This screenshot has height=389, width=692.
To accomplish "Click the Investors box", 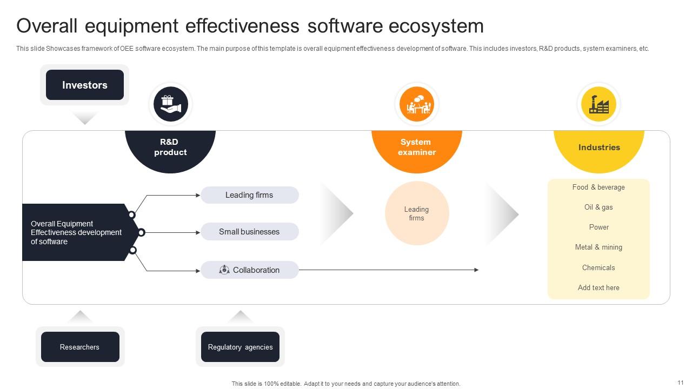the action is click(85, 85).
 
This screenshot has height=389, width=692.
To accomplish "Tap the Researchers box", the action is click(80, 347).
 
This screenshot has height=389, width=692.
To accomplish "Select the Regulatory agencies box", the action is click(240, 347).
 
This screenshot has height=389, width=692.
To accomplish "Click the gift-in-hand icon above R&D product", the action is click(171, 104).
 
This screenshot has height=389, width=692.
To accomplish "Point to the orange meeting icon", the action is click(417, 104).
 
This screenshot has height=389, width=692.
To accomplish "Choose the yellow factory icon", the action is click(598, 104).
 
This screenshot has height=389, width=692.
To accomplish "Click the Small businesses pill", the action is click(250, 232).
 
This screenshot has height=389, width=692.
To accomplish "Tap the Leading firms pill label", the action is click(249, 195).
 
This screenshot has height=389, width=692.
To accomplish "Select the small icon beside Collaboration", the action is click(224, 270).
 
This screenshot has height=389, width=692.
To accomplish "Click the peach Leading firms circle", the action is click(417, 213).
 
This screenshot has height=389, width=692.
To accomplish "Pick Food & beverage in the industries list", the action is click(598, 187).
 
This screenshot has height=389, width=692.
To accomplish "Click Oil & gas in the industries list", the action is click(598, 207).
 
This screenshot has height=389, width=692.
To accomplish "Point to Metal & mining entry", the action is click(598, 247).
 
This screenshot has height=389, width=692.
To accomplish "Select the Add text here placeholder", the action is click(598, 287).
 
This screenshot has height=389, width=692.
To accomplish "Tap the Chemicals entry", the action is click(598, 267).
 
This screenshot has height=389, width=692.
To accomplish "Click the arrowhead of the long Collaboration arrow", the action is click(476, 270).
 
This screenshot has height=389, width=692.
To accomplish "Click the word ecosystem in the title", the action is click(436, 26).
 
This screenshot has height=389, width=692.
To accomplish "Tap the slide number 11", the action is click(681, 383).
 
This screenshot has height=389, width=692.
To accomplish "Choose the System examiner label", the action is click(416, 147).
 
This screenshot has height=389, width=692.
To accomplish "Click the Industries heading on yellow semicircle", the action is click(599, 147).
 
